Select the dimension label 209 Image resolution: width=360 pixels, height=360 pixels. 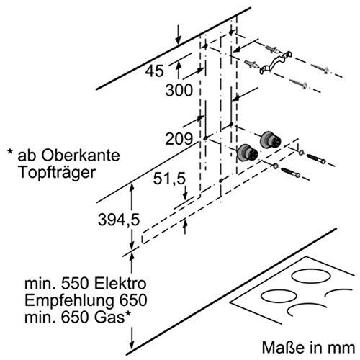pyautogui.click(x=177, y=138)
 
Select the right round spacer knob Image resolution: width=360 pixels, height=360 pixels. pyautogui.click(x=270, y=138)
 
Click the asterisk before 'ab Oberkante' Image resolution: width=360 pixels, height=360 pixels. pyautogui.click(x=9, y=156)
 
